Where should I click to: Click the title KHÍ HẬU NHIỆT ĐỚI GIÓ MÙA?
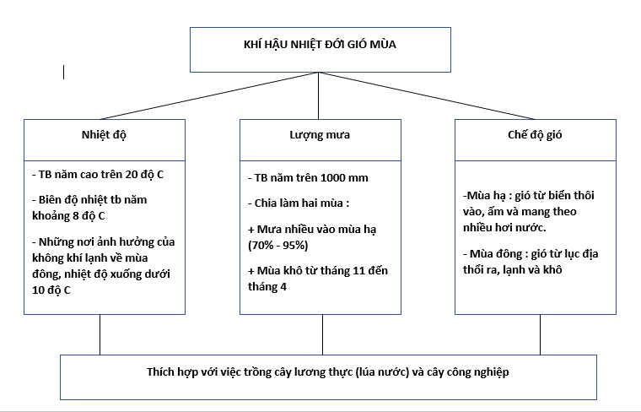pyautogui.click(x=320, y=44)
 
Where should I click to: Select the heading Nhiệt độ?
pyautogui.click(x=104, y=134)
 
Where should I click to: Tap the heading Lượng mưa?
pyautogui.click(x=320, y=134)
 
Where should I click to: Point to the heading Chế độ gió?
pyautogui.click(x=535, y=134)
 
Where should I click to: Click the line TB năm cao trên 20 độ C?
pyautogui.click(x=98, y=174)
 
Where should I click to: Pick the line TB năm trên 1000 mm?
pyautogui.click(x=308, y=177)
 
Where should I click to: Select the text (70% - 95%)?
pyautogui.click(x=278, y=245)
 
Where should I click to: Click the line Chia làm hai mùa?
pyautogui.click(x=299, y=203)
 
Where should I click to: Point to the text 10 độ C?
pyautogui.click(x=51, y=290)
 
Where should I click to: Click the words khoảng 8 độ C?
pyautogui.click(x=68, y=215)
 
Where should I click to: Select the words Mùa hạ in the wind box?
pyautogui.click(x=486, y=195)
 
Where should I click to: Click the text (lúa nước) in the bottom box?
pyautogui.click(x=382, y=372)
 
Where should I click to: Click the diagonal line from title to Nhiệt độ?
pyautogui.click(x=209, y=95)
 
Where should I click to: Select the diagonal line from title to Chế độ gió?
pyautogui.click(x=427, y=95)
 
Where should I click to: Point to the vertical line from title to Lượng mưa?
pyautogui.click(x=319, y=95)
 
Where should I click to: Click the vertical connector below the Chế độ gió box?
pyautogui.click(x=540, y=334)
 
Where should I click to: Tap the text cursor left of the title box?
pyautogui.click(x=64, y=72)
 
